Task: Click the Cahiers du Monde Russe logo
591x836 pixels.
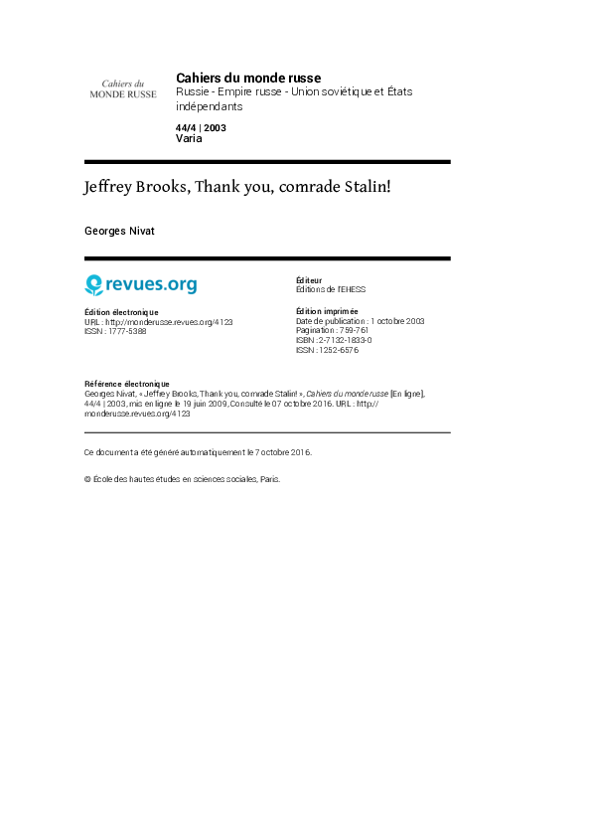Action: click(x=122, y=89)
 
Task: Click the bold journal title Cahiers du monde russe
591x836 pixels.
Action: click(x=248, y=78)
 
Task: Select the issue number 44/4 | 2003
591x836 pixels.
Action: click(x=201, y=128)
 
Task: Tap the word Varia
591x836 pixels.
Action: click(x=189, y=138)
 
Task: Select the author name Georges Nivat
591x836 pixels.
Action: click(x=119, y=232)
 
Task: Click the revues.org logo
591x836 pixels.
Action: click(x=141, y=284)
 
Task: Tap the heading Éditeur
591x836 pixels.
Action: click(x=309, y=280)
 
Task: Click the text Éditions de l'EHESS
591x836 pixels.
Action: click(x=331, y=289)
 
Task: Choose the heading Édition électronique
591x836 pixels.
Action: click(x=121, y=312)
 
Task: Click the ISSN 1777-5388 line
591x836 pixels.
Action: click(x=115, y=331)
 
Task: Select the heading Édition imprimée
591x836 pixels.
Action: click(x=327, y=311)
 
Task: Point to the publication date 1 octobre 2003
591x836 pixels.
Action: click(x=397, y=321)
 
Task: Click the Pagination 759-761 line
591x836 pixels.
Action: click(x=332, y=330)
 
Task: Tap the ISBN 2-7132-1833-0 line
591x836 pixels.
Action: click(x=334, y=340)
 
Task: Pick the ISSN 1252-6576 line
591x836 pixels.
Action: click(x=327, y=350)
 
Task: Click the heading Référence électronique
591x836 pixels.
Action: click(x=127, y=384)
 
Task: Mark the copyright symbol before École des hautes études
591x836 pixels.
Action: click(x=87, y=479)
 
